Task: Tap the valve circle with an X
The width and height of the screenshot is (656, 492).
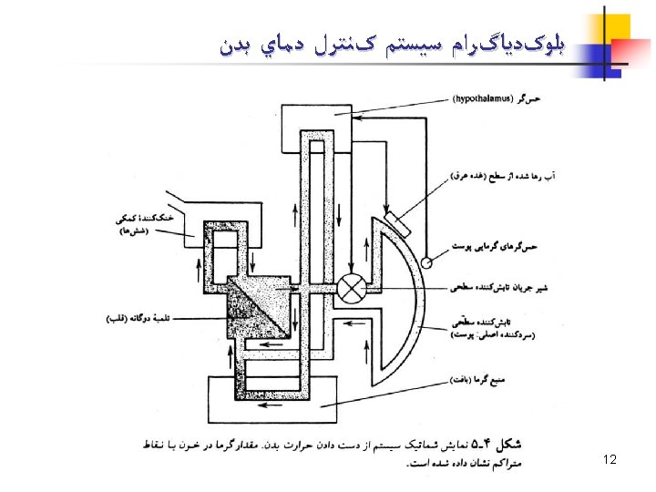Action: click(x=352, y=288)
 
